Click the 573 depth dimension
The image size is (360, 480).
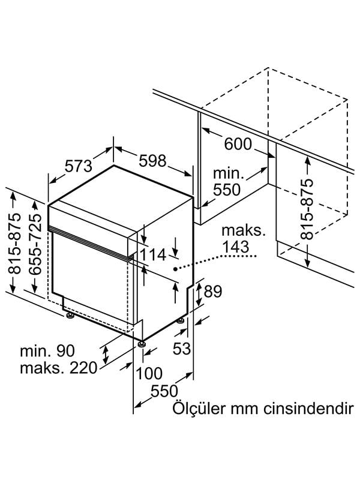click(x=79, y=166)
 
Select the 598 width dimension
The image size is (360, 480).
click(x=152, y=161)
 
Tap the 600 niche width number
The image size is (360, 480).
click(x=238, y=144)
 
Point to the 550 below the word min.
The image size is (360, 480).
click(x=227, y=190)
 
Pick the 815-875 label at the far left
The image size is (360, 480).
click(x=14, y=244)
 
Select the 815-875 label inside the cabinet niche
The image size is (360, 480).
click(x=307, y=209)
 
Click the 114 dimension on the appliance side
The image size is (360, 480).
click(x=154, y=254)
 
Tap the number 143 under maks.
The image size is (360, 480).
click(x=236, y=247)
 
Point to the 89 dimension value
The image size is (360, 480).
click(x=213, y=292)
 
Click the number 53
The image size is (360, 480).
click(x=182, y=349)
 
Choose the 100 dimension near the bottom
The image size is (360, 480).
click(x=149, y=373)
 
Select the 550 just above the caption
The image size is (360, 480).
click(x=164, y=391)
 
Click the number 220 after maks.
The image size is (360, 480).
click(x=83, y=368)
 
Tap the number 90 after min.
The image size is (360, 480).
click(x=65, y=351)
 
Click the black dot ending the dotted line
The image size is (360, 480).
click(x=175, y=269)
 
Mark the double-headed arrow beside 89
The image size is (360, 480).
click(x=199, y=294)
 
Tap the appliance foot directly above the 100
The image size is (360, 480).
click(x=141, y=344)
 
